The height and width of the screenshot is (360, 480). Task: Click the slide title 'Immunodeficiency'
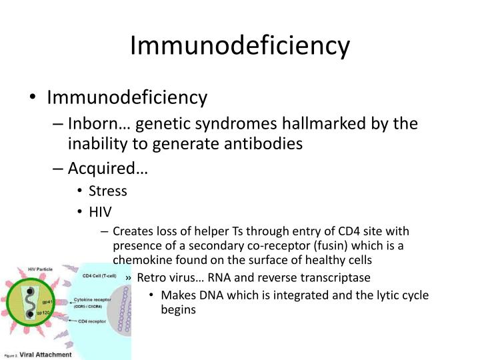(239, 45)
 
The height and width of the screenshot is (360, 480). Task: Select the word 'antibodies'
(266, 143)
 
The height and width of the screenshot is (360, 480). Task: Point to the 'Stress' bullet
(109, 191)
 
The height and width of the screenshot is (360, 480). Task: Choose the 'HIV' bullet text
(101, 212)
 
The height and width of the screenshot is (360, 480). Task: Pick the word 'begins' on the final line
(178, 309)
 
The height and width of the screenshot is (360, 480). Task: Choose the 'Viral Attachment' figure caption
(45, 354)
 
